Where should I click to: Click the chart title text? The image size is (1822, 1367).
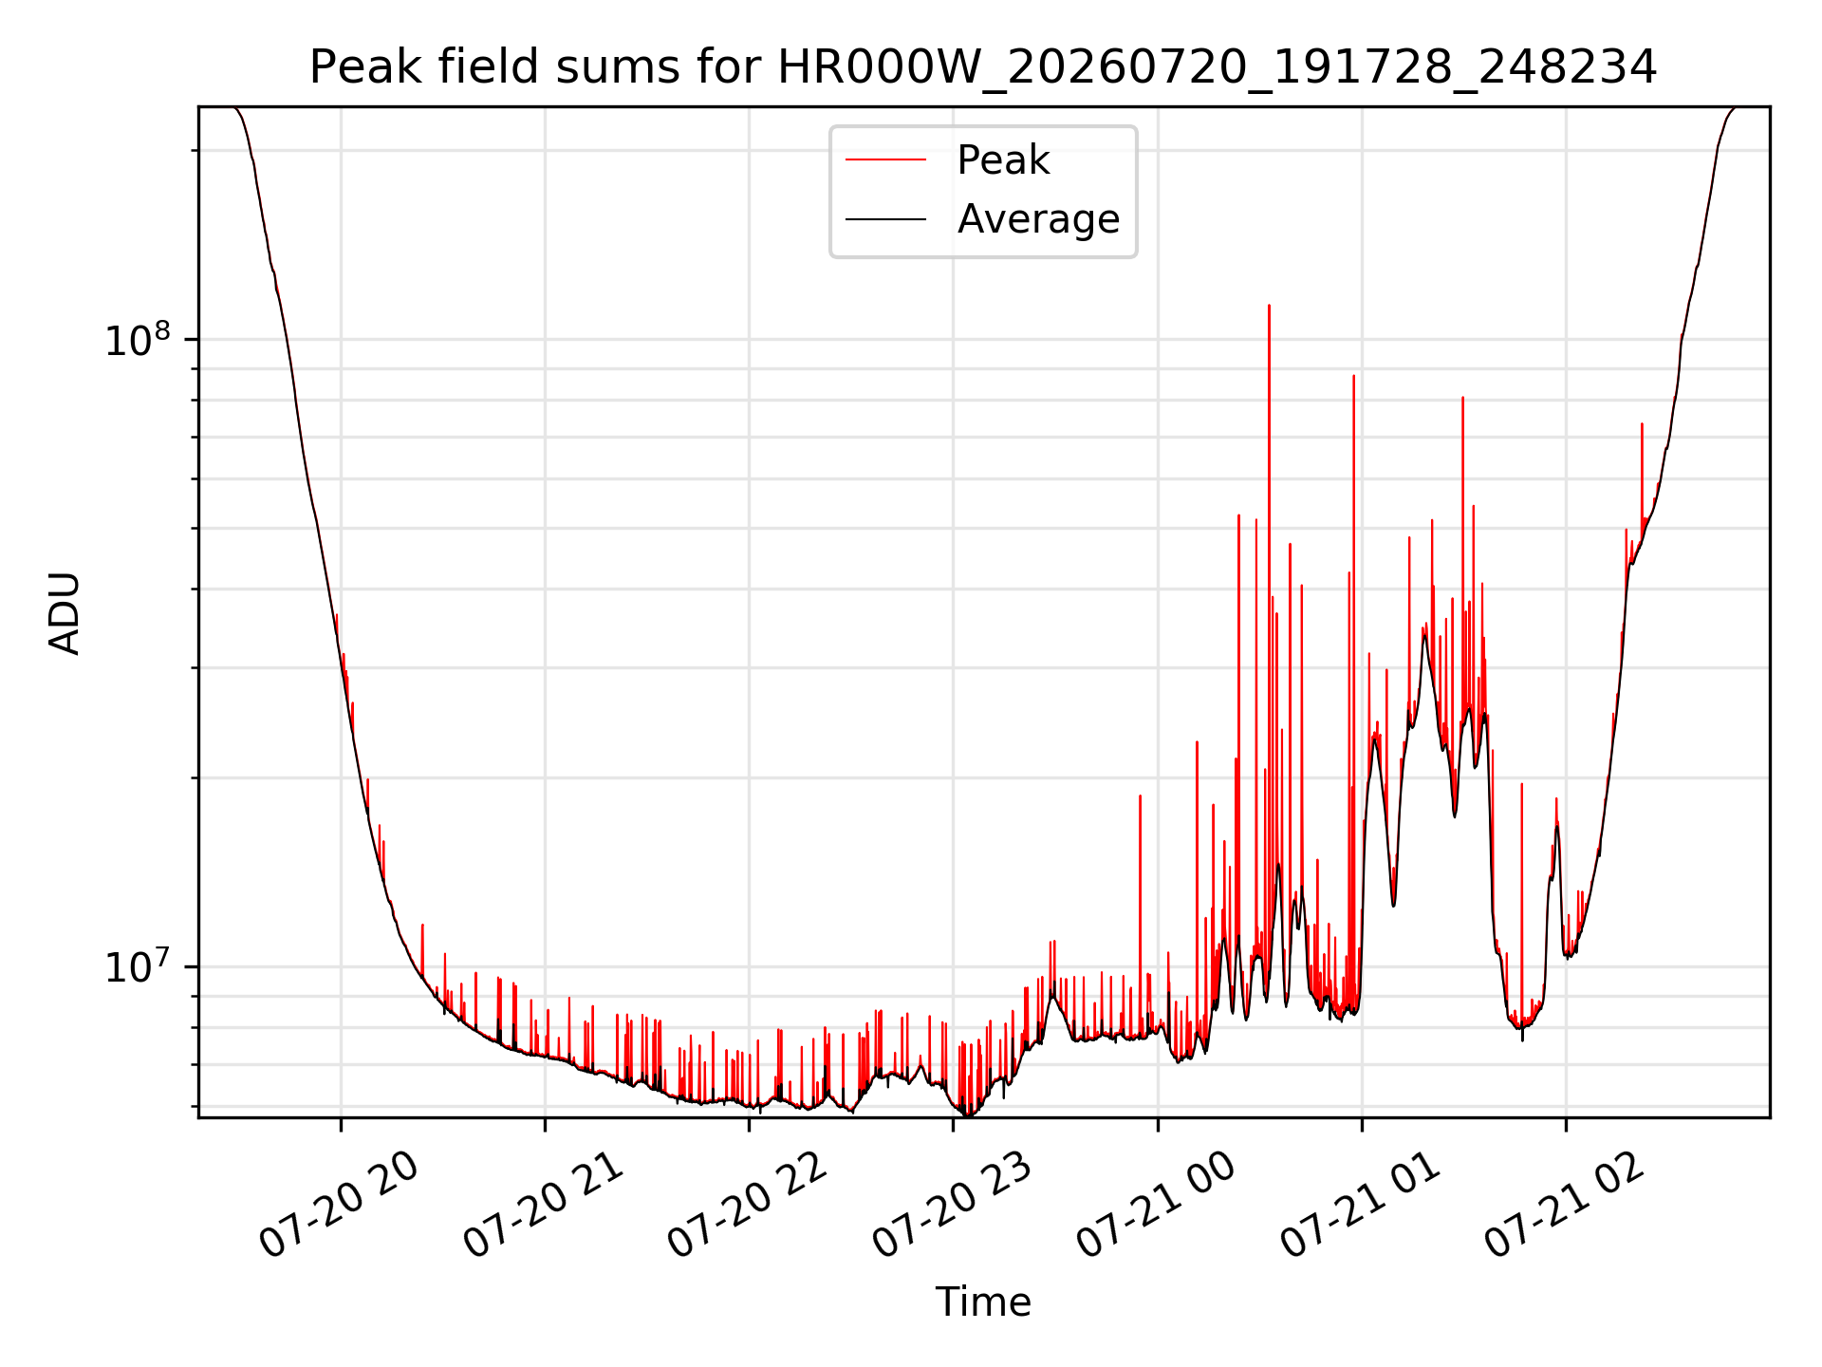983,67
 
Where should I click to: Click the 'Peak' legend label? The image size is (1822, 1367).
1003,159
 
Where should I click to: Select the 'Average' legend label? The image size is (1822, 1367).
1038,219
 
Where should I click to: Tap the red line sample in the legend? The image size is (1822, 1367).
885,159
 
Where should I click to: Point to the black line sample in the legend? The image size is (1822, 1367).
885,219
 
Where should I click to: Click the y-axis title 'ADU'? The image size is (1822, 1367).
65,613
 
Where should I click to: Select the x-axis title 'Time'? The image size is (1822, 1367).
983,1302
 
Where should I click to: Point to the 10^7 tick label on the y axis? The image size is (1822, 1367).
138,966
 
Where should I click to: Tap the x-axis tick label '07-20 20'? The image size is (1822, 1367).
340,1206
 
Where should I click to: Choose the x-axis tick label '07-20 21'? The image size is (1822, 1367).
544,1206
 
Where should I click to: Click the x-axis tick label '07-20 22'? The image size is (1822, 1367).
748,1206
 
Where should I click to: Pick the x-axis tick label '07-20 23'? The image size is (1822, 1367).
952,1206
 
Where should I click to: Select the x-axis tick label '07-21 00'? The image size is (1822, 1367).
1156,1206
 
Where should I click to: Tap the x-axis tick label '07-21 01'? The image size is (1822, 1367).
1361,1206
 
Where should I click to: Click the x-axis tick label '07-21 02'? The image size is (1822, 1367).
1565,1206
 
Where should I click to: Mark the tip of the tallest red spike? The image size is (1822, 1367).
1269,306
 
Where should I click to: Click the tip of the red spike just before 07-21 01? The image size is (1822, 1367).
1353,376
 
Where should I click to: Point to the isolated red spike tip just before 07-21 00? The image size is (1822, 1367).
1140,796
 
